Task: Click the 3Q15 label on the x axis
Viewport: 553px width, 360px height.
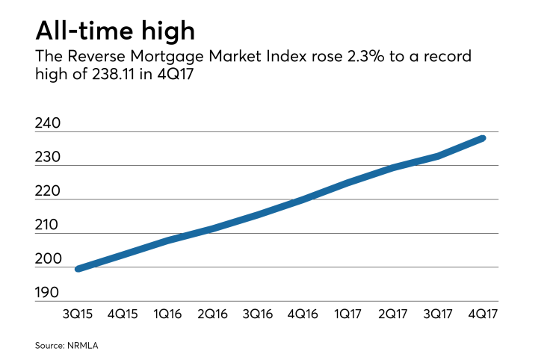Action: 78,314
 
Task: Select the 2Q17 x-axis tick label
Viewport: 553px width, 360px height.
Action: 393,314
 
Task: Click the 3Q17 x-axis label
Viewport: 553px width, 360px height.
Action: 438,314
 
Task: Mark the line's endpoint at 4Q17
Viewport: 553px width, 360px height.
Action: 483,138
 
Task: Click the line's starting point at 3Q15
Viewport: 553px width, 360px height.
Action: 78,268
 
